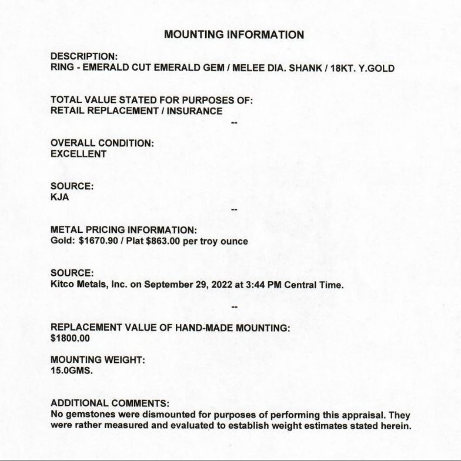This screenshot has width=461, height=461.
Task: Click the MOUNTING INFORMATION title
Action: click(234, 35)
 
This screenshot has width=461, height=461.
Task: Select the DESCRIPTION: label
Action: click(84, 56)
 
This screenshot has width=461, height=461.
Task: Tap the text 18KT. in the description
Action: click(343, 68)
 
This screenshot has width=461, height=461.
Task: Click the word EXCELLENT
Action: click(79, 154)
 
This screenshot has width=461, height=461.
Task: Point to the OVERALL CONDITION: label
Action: click(102, 143)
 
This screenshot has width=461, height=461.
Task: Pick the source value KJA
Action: click(60, 198)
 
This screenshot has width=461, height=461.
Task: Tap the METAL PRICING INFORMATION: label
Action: click(123, 230)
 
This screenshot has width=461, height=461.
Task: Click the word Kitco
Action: click(63, 285)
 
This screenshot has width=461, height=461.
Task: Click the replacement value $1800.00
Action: click(71, 339)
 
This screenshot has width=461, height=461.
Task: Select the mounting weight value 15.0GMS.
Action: click(72, 371)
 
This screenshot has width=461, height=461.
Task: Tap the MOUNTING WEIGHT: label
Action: click(98, 360)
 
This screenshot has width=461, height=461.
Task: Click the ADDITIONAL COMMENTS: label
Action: click(110, 403)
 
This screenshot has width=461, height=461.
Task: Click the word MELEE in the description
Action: click(248, 68)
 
